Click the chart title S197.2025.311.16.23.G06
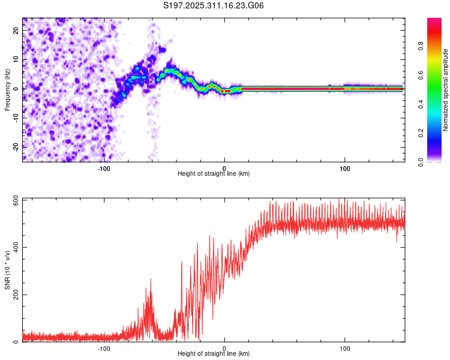[x=214, y=6]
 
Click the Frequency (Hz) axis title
[x=7, y=90]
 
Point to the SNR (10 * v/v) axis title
[x=7, y=270]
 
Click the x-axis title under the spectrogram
[x=214, y=173]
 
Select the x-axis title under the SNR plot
[x=214, y=354]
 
